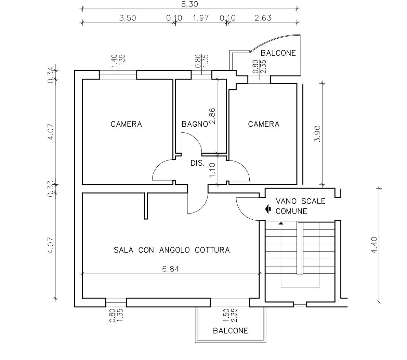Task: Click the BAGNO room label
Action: pyautogui.click(x=195, y=124)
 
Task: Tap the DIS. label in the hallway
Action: pyautogui.click(x=198, y=163)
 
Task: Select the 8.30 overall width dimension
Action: pyautogui.click(x=189, y=4)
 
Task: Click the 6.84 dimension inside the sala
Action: pyautogui.click(x=171, y=269)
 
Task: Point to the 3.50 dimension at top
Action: pyautogui.click(x=128, y=18)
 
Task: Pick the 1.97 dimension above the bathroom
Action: pyautogui.click(x=201, y=18)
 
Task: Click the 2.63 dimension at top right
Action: pyautogui.click(x=263, y=18)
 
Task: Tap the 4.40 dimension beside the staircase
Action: pyautogui.click(x=374, y=245)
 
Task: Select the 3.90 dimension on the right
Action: pyautogui.click(x=317, y=134)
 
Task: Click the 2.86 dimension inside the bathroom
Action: pyautogui.click(x=212, y=116)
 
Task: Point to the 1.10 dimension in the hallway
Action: pyautogui.click(x=212, y=170)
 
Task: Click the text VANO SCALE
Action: pyautogui.click(x=300, y=201)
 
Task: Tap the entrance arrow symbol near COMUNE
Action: pyautogui.click(x=268, y=209)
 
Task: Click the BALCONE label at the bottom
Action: pyautogui.click(x=231, y=331)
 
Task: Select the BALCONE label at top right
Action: pyautogui.click(x=278, y=53)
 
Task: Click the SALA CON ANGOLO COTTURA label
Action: pyautogui.click(x=172, y=250)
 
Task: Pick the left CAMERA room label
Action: pyautogui.click(x=126, y=124)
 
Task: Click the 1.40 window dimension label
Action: pyautogui.click(x=114, y=61)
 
